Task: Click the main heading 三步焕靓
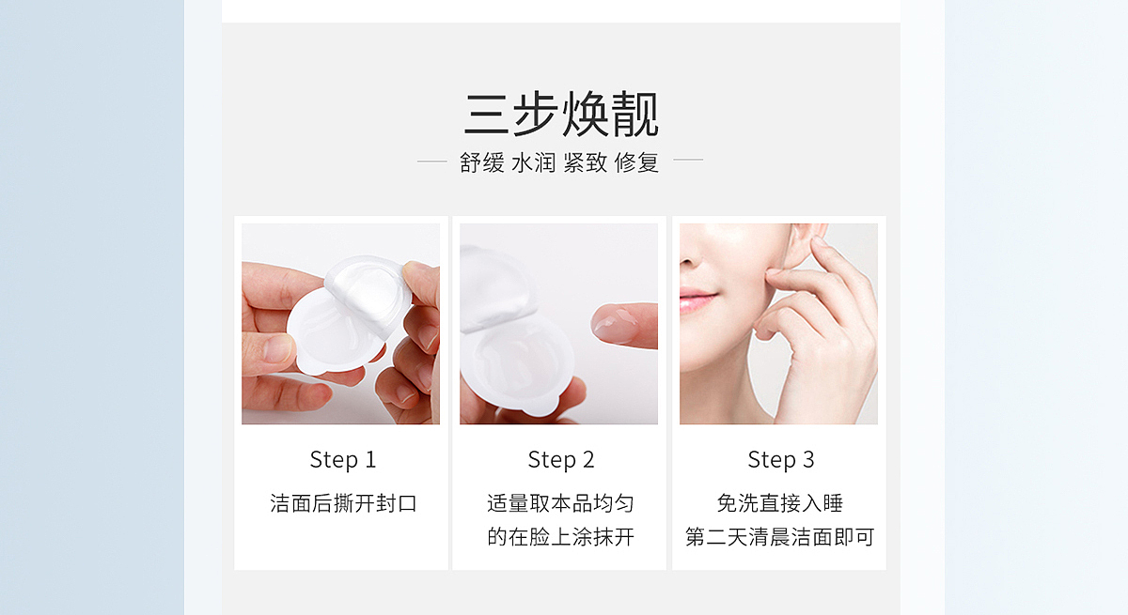click(561, 115)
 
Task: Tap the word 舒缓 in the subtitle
click(482, 162)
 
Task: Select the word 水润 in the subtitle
click(534, 162)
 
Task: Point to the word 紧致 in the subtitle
click(585, 162)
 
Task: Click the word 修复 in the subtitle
click(636, 162)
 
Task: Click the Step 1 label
click(342, 460)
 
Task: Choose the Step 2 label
click(560, 460)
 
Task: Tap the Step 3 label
click(780, 460)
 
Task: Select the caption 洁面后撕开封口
click(342, 503)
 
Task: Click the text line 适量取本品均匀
click(560, 503)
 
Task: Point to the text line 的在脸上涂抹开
click(560, 537)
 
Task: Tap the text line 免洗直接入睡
click(780, 503)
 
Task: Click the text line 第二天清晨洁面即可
click(780, 537)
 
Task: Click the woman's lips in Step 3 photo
click(697, 300)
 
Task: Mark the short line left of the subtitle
click(431, 161)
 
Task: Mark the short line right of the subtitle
click(688, 161)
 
